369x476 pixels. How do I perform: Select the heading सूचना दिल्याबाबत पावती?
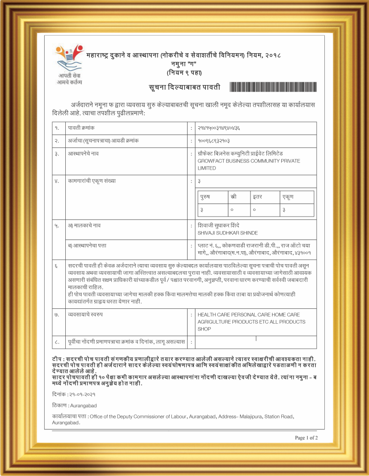(x=185, y=87)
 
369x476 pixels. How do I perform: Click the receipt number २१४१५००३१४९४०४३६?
(x=219, y=128)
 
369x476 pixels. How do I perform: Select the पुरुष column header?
(x=207, y=197)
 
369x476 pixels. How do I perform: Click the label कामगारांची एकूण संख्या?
(x=92, y=181)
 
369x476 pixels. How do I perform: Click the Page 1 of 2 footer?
(x=306, y=438)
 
